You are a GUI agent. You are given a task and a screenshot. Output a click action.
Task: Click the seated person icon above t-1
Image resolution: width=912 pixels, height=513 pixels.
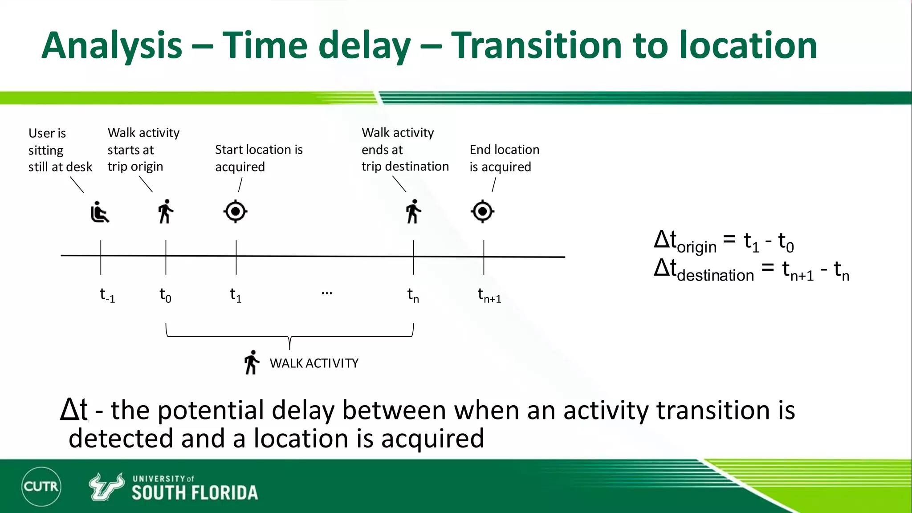pos(99,212)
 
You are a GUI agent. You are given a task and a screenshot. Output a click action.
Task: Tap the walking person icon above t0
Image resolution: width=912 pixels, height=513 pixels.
pos(166,212)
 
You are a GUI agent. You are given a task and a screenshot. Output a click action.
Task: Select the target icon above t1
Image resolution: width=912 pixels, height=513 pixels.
pos(236,212)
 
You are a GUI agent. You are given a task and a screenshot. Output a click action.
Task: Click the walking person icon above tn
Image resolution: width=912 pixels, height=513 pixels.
pos(413,212)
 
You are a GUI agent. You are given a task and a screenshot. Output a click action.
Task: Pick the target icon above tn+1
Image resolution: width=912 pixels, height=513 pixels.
pos(483,212)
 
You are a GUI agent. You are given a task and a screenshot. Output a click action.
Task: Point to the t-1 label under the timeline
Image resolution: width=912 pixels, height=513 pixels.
pos(107,295)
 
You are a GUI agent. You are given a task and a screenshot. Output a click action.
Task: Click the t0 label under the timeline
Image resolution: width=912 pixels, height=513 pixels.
pos(165,295)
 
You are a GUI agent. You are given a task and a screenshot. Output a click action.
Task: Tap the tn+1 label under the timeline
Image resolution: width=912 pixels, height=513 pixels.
pos(489,295)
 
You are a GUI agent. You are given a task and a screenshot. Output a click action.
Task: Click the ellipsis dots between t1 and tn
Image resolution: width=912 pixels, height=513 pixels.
pos(326,293)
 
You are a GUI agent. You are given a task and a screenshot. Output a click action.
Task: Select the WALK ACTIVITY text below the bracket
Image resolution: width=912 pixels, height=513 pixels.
pos(313,363)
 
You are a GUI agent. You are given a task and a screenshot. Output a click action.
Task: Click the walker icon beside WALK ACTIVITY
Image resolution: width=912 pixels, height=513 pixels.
pos(252,362)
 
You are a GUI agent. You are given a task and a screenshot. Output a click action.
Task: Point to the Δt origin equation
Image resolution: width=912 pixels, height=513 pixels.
pos(723,242)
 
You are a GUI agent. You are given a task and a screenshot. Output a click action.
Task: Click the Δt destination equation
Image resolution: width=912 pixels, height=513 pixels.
pos(751,270)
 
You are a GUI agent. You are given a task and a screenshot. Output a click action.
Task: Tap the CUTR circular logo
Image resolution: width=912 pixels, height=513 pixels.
pos(41,486)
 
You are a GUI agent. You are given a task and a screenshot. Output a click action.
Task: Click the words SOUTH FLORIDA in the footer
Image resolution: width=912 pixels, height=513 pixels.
pos(195,493)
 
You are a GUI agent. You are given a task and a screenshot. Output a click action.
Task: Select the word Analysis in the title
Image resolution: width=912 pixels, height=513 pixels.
pos(112,46)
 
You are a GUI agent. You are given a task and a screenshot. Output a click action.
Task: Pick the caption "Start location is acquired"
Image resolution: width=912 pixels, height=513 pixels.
pos(258,158)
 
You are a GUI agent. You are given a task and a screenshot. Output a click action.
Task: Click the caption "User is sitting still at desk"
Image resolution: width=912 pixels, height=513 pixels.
pos(60,150)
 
